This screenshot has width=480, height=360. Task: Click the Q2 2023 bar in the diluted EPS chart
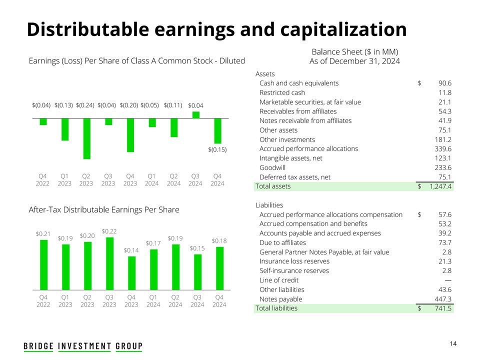click(x=87, y=138)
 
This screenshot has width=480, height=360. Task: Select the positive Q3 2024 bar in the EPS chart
click(x=196, y=115)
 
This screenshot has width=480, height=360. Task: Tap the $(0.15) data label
click(x=217, y=149)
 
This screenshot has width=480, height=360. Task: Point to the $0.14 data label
click(x=131, y=250)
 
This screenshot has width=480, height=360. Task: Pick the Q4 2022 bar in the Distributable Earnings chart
click(x=44, y=264)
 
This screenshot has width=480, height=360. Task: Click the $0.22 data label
click(x=109, y=231)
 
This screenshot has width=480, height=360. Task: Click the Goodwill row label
click(x=271, y=167)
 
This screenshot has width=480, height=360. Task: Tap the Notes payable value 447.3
click(x=443, y=299)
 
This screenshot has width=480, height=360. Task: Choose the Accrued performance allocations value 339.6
click(x=443, y=149)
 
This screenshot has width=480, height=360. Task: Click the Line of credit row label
click(x=279, y=280)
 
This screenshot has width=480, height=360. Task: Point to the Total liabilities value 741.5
click(x=443, y=308)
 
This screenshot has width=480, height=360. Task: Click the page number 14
click(x=453, y=343)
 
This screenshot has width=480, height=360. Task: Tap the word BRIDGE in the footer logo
click(x=38, y=346)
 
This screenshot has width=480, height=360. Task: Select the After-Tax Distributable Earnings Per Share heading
click(x=103, y=209)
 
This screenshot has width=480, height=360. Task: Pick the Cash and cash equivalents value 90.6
click(x=444, y=83)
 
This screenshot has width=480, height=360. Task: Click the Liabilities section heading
click(x=269, y=205)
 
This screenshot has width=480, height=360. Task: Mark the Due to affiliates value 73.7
click(x=444, y=242)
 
